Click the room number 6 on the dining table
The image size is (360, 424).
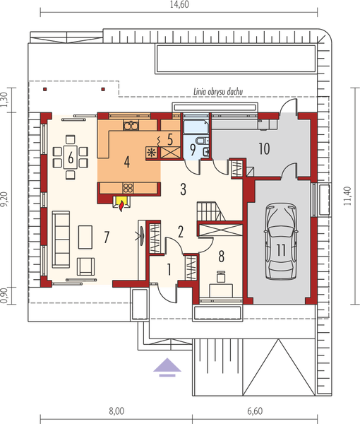tap(71, 157)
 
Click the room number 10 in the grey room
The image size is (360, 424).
tap(264, 148)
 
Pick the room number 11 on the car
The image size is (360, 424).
tap(280, 248)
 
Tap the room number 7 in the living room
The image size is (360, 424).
tap(106, 237)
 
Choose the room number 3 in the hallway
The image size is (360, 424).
tap(183, 189)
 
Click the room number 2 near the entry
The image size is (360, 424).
tap(181, 230)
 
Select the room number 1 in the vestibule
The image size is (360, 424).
tap(169, 269)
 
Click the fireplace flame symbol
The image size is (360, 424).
tap(121, 204)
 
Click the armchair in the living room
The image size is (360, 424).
tap(87, 266)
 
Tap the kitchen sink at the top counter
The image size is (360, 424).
tap(131, 126)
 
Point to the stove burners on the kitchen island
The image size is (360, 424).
tap(128, 187)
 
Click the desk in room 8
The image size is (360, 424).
tap(220, 288)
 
